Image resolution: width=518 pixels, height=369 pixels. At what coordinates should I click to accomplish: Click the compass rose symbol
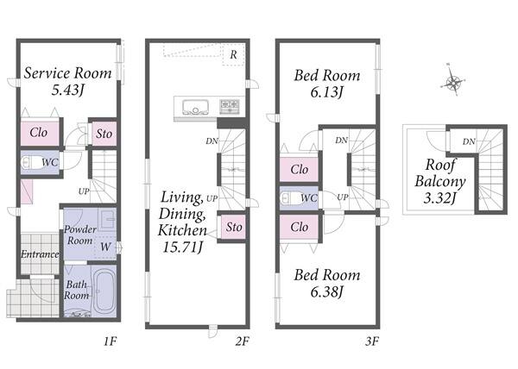[x=453, y=82]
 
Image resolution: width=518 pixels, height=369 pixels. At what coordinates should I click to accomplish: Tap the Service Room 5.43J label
[x=67, y=81]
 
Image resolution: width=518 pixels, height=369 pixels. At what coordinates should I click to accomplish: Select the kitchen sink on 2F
[x=195, y=107]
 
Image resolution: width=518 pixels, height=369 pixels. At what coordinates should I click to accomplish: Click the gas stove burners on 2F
[x=230, y=107]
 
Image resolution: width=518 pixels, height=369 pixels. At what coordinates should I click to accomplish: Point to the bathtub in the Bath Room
[x=104, y=290]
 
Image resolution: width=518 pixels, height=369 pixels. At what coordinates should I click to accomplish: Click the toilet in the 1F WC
[x=29, y=162]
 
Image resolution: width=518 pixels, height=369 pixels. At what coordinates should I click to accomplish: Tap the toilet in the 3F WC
[x=289, y=198]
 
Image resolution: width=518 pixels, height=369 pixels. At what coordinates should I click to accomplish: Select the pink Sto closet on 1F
[x=104, y=134]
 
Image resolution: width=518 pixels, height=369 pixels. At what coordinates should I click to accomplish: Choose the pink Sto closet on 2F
[x=234, y=227]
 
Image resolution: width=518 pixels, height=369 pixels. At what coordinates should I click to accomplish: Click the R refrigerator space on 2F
[x=234, y=54]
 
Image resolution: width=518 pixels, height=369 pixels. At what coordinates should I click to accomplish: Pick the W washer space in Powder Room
[x=105, y=247]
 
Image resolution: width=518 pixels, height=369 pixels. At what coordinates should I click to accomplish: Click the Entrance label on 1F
[x=40, y=254]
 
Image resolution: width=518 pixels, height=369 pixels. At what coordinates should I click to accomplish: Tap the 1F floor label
[x=111, y=341]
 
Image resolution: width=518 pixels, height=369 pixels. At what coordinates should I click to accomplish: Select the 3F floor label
[x=372, y=341]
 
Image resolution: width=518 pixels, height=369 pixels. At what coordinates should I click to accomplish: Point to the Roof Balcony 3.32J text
[x=440, y=181]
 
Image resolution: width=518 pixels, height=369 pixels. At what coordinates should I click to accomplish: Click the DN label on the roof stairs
[x=469, y=141]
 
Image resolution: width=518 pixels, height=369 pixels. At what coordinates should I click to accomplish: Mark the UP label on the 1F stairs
[x=84, y=191]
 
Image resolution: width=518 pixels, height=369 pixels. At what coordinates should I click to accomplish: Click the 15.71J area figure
[x=182, y=247]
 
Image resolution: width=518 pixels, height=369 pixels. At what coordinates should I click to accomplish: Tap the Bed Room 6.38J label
[x=327, y=284]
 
